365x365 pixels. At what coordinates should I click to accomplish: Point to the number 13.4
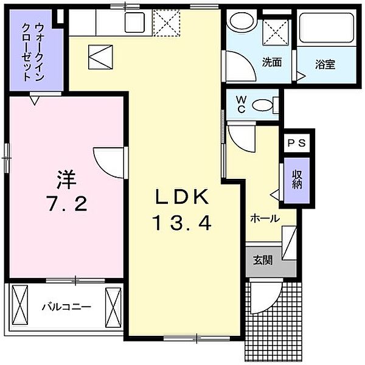coord(182,224)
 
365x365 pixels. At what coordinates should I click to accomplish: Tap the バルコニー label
coord(66,306)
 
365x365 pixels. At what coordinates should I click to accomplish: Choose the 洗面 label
coord(271,61)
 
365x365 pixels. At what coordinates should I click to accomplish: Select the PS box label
coord(298,144)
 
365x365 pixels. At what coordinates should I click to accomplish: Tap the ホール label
coord(265,218)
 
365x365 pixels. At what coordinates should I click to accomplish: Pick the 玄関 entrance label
coord(263,259)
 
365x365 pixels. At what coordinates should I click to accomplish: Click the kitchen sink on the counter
coord(133,23)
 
